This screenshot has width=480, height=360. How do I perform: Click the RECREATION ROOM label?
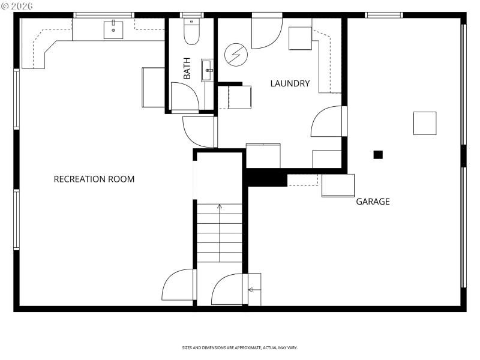[x=94, y=179]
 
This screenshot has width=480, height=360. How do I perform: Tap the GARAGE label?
[x=373, y=202]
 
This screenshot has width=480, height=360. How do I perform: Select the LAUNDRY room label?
[x=290, y=83]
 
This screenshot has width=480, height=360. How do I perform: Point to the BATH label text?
[x=187, y=68]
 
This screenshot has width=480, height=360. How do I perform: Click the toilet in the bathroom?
[x=191, y=33]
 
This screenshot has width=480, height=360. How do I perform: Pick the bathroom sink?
[x=208, y=70]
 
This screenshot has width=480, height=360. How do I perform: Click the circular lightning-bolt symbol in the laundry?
[x=235, y=56]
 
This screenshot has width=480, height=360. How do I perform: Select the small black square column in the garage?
[x=378, y=154]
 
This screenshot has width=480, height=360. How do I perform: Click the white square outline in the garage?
[x=424, y=123]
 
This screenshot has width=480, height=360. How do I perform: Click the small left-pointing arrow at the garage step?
[x=251, y=290]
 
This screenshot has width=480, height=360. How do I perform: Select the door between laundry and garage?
[x=328, y=122]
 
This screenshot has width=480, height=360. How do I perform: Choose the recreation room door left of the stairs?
[x=178, y=285]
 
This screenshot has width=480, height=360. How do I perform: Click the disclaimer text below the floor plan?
[x=240, y=348]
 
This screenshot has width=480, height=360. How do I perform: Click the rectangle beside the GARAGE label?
[x=338, y=185]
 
